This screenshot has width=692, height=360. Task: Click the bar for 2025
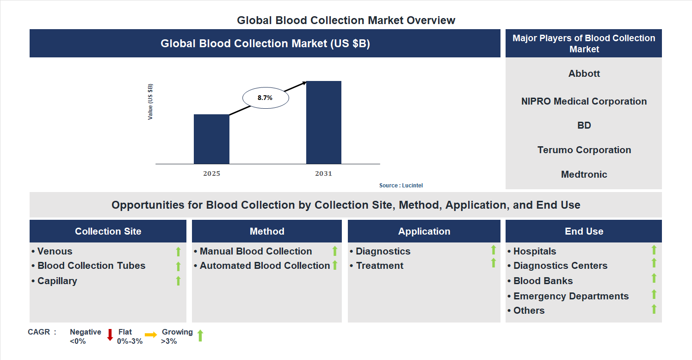pos(211,139)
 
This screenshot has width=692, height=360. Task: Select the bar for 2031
pos(324,122)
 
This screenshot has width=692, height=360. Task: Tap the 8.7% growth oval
pos(266,98)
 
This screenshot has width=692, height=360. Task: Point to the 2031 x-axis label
pos(323,174)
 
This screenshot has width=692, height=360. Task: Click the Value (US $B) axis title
pos(150,102)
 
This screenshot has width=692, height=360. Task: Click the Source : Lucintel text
pos(401,186)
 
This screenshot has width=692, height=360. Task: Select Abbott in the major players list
pos(584,74)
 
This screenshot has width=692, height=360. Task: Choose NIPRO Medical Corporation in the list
pos(584,101)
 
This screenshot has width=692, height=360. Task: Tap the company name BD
pos(584,125)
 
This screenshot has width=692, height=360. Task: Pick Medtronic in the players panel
pos(584,174)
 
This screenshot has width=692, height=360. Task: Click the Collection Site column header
pos(108,231)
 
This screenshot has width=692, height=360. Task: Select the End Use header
pos(583,231)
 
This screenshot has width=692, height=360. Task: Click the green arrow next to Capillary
pos(178,281)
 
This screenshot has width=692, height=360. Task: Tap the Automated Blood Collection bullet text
pos(265,266)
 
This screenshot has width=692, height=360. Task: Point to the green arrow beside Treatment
pos(493,263)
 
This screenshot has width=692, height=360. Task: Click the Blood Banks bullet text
pos(543,281)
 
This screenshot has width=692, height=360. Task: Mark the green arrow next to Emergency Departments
pos(654,294)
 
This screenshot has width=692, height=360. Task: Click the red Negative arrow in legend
pos(110,335)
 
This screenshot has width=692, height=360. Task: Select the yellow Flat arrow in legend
pos(151,335)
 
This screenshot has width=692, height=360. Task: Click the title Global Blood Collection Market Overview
pos(346,20)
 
